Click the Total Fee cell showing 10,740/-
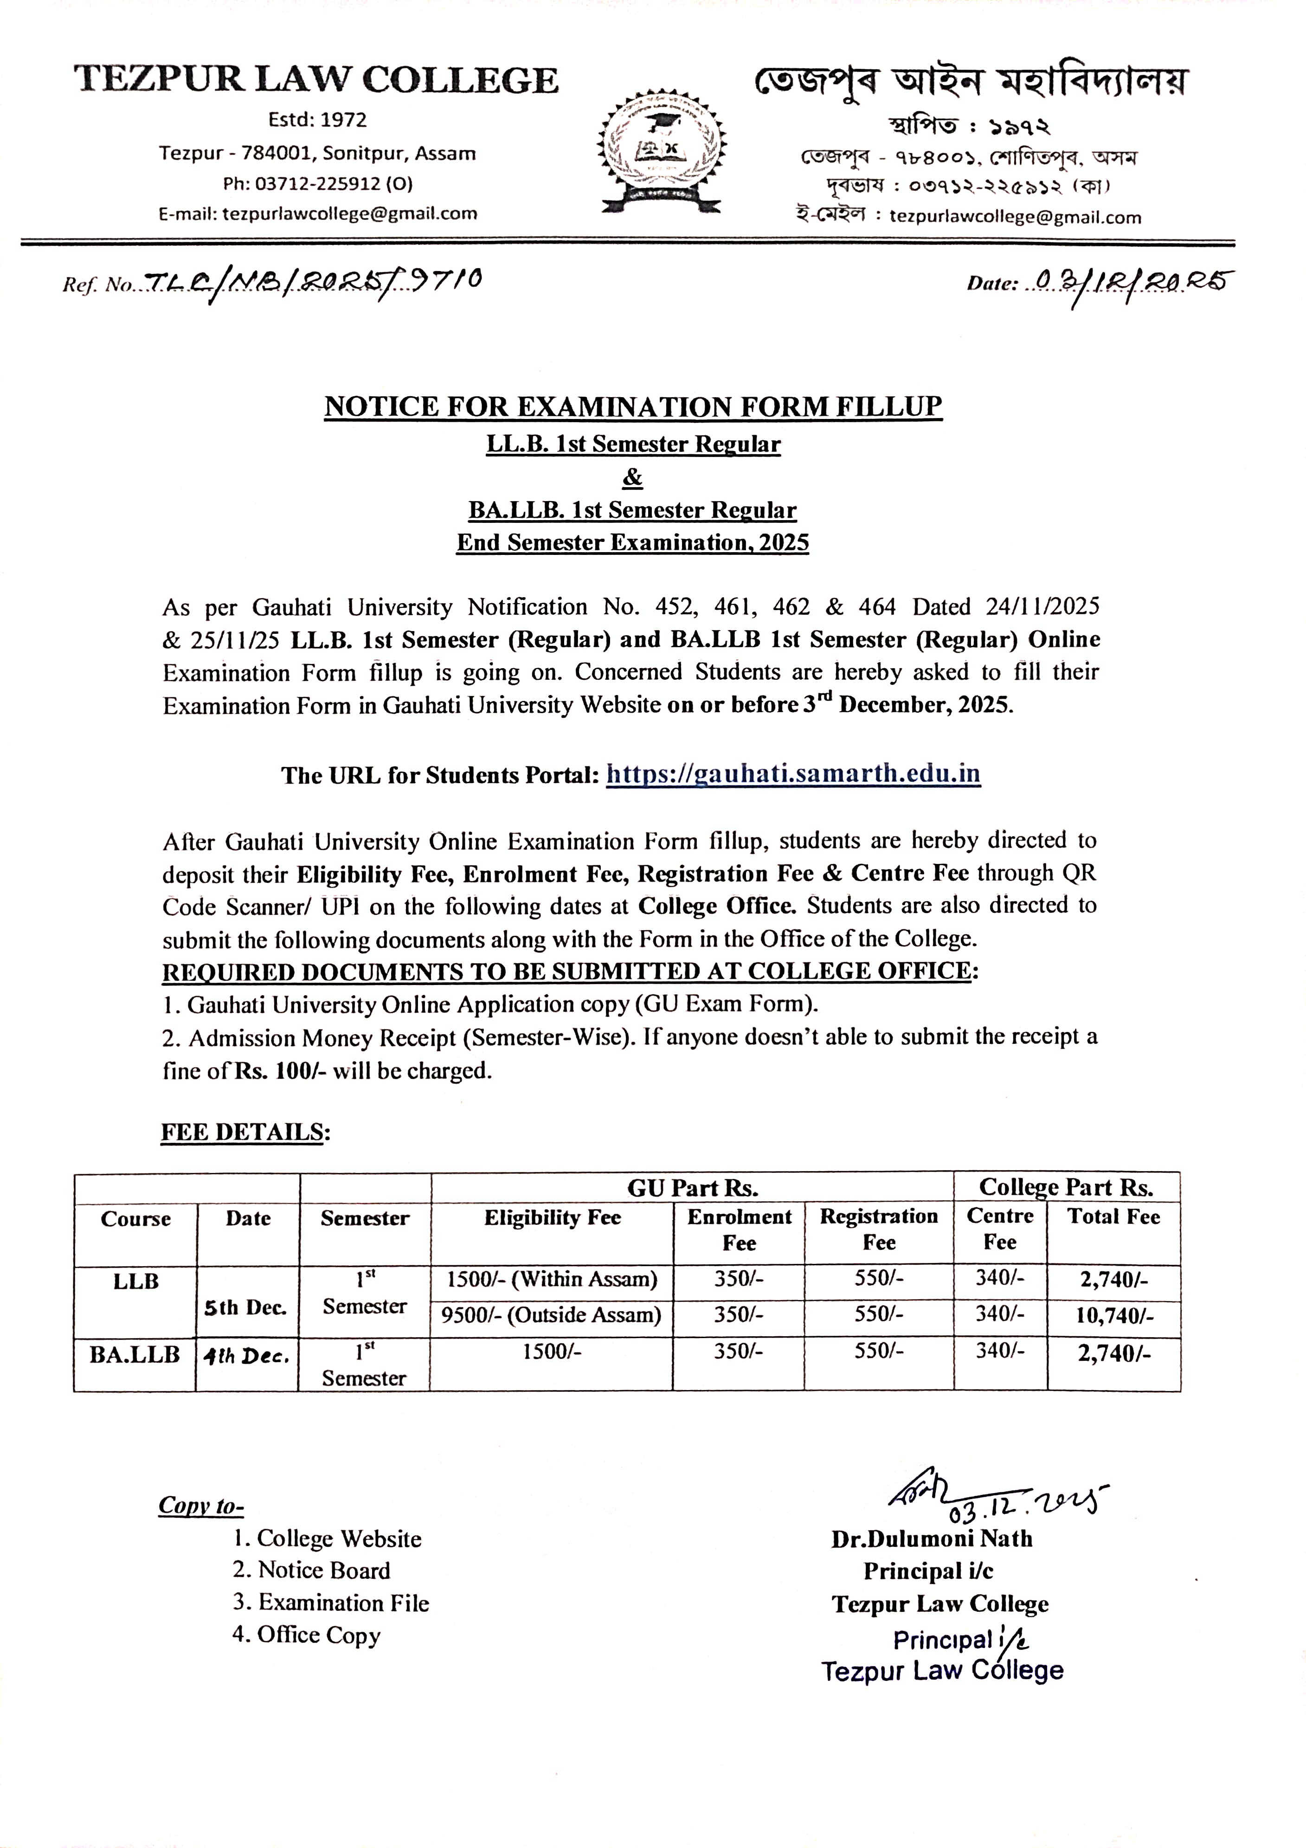pos(1113,1316)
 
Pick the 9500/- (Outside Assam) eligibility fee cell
pos(551,1315)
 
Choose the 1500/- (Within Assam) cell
pos(551,1279)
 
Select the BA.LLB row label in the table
pos(135,1355)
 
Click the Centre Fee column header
pos(999,1229)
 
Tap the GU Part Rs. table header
pos(692,1188)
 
